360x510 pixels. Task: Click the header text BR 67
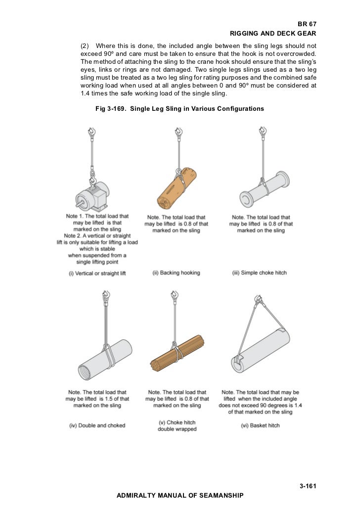(x=307, y=24)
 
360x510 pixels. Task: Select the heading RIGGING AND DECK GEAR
(x=273, y=34)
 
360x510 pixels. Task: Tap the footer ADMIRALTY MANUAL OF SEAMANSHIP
(x=179, y=495)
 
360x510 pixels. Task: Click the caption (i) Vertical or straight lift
(x=97, y=273)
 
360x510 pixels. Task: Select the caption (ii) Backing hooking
(x=177, y=273)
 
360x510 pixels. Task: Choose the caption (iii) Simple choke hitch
(x=259, y=273)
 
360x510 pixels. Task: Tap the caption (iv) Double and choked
(x=97, y=425)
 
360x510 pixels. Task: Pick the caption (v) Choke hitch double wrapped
(x=177, y=426)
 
